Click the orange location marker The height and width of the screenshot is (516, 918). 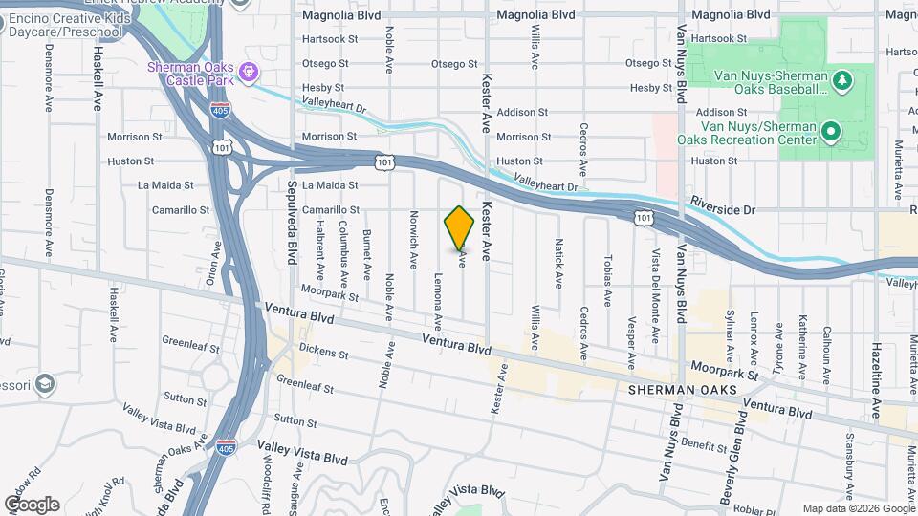click(x=460, y=228)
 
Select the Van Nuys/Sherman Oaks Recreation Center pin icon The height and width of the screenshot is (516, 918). click(x=831, y=131)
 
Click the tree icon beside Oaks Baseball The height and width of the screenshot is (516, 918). click(x=842, y=80)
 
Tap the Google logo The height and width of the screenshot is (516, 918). click(x=31, y=504)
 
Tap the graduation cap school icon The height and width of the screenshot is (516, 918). click(x=44, y=384)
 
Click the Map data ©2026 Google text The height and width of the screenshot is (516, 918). click(x=858, y=508)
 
